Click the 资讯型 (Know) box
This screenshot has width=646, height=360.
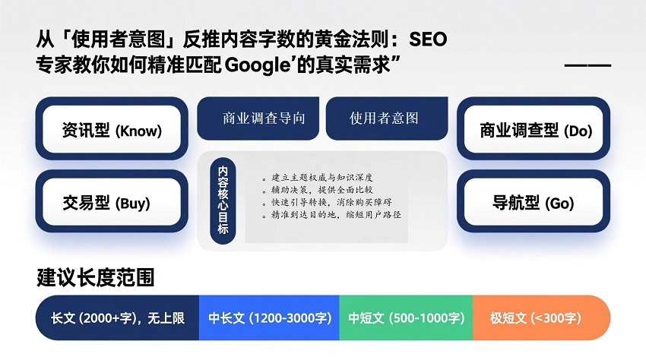(x=111, y=130)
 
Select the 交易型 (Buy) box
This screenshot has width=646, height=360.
(x=111, y=203)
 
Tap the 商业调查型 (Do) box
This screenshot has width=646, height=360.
(x=535, y=130)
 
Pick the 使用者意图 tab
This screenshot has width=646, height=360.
(x=384, y=118)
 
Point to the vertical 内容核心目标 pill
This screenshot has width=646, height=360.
(x=223, y=201)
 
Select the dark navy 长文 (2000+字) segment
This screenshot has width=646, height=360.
(x=118, y=318)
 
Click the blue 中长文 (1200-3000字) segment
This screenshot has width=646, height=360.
(x=269, y=318)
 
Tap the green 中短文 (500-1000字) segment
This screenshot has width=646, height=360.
(x=406, y=318)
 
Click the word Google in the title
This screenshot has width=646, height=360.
(x=256, y=64)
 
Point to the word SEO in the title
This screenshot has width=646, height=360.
(x=432, y=39)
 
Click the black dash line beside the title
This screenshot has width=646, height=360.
(x=587, y=65)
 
